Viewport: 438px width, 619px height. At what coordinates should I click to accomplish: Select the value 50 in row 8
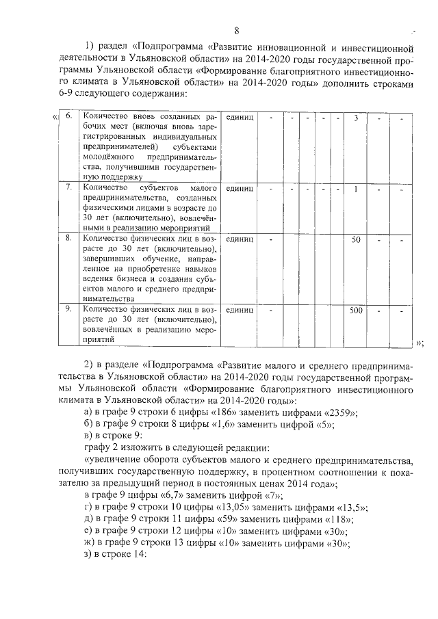click(x=356, y=239)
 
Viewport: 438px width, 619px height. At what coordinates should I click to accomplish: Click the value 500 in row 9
click(x=356, y=310)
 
